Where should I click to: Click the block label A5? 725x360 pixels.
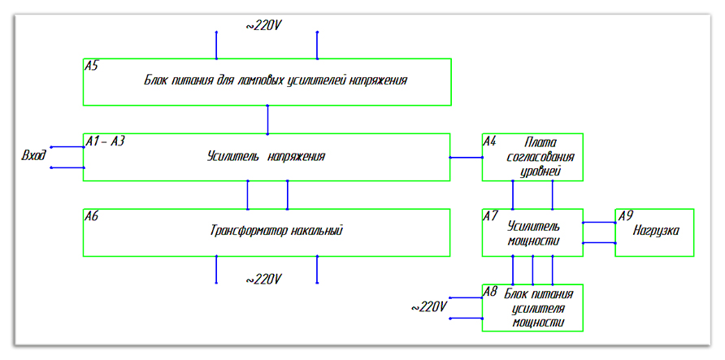pyautogui.click(x=91, y=66)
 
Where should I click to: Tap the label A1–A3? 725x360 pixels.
pyautogui.click(x=105, y=141)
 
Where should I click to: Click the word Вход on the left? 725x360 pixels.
pyautogui.click(x=33, y=155)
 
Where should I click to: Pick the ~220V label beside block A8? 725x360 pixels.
pyautogui.click(x=428, y=307)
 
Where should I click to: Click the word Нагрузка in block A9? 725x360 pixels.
pyautogui.click(x=657, y=231)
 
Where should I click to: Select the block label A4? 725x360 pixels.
pyautogui.click(x=489, y=141)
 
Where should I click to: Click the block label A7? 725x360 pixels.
pyautogui.click(x=489, y=216)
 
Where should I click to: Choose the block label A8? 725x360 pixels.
pyautogui.click(x=489, y=291)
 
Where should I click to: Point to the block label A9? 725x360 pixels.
pyautogui.click(x=624, y=216)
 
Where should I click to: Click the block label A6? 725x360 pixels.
pyautogui.click(x=91, y=216)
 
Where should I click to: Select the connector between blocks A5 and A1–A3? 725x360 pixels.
pyautogui.click(x=267, y=119)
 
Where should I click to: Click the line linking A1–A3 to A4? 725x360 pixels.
pyautogui.click(x=466, y=157)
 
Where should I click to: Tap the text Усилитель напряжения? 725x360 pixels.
pyautogui.click(x=266, y=156)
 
